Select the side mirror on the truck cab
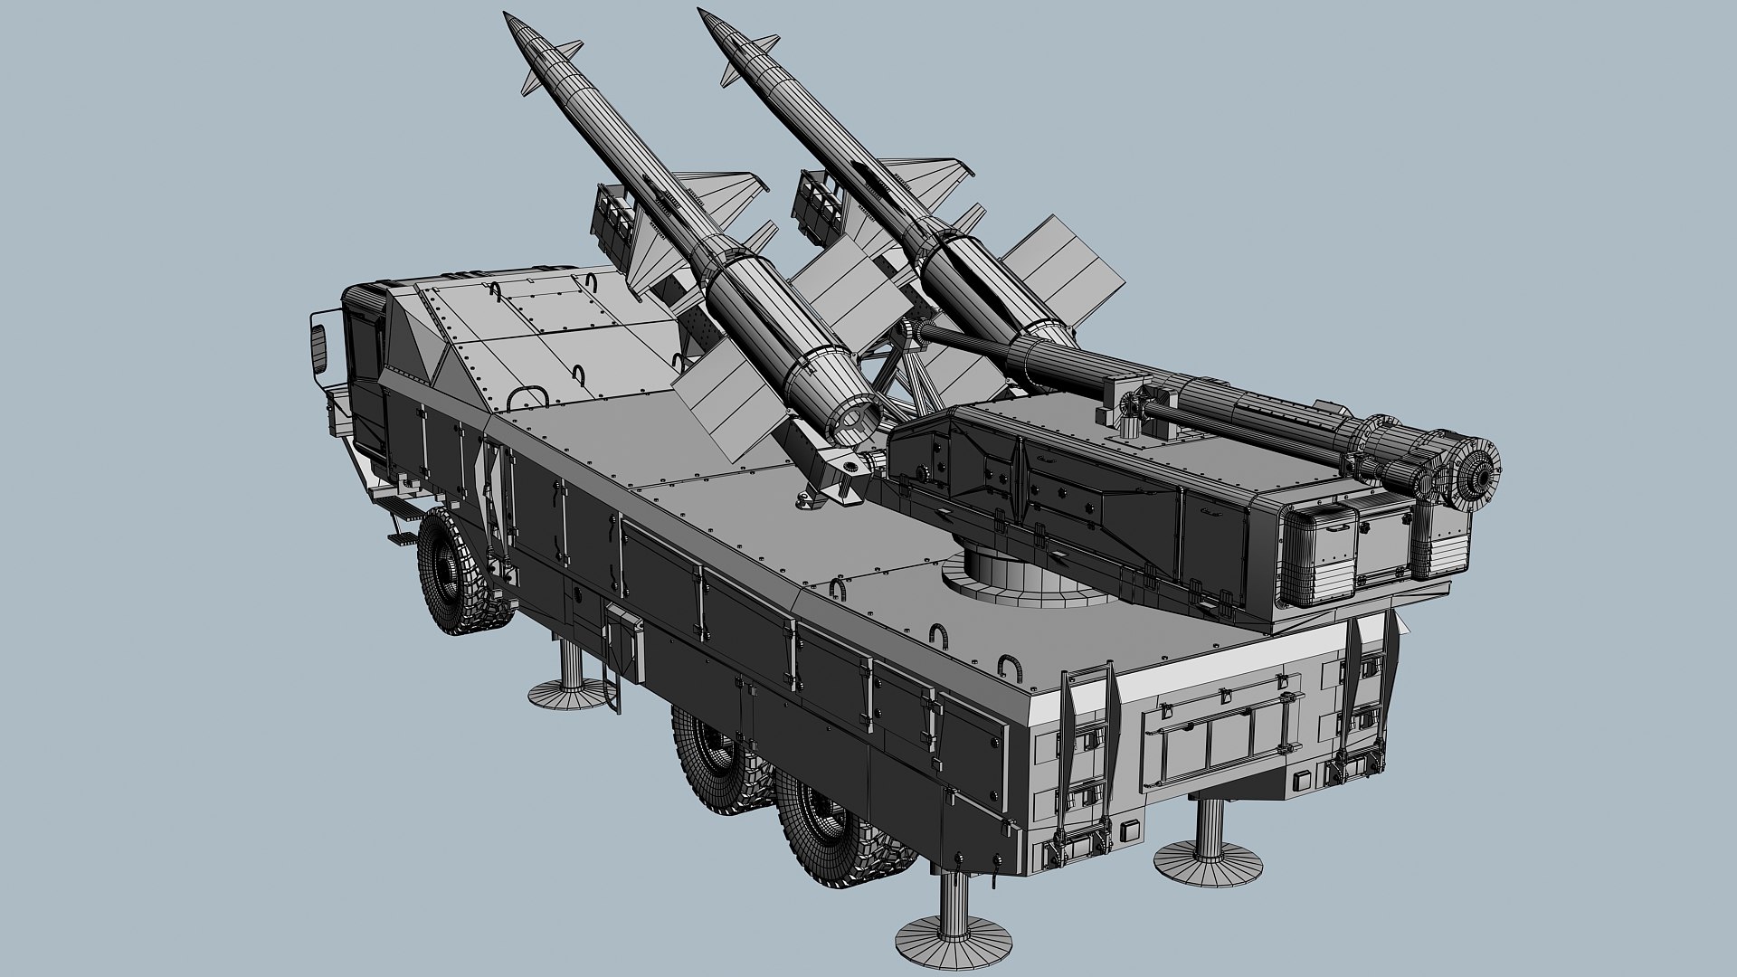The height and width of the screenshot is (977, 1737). [x=318, y=343]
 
